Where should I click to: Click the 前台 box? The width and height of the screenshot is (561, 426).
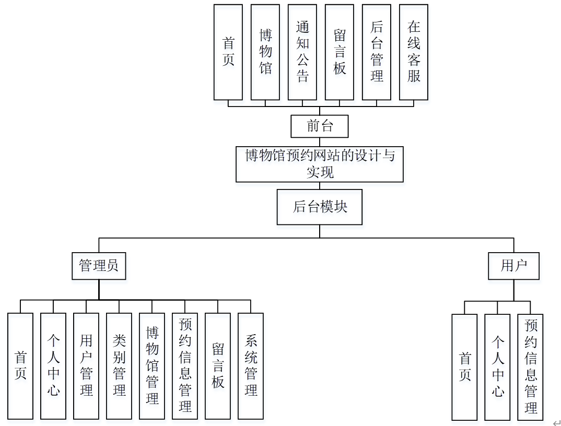pos(319,126)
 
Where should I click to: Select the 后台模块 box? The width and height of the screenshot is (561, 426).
pos(319,207)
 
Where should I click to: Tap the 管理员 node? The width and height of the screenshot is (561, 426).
pos(99,265)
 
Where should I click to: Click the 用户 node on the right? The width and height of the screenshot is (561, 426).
pos(513,265)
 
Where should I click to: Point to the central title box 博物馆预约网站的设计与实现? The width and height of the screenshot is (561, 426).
pos(319,164)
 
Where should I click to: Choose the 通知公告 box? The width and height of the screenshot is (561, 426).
pos(302,52)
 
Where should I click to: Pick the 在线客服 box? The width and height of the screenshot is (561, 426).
pos(414,52)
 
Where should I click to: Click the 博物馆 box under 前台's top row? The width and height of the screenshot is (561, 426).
pos(265,52)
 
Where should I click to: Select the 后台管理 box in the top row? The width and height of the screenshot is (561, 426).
pos(377,52)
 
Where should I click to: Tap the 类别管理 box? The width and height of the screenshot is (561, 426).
pos(119,366)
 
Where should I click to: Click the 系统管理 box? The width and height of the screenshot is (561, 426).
pos(251,366)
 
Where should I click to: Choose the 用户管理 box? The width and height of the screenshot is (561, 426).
pos(86,366)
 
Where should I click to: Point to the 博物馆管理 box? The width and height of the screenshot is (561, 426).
pos(152,366)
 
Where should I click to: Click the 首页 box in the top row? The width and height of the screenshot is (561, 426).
pos(228,52)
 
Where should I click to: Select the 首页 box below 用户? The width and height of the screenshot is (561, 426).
pos(464,367)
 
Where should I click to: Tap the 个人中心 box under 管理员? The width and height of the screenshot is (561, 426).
pos(53,366)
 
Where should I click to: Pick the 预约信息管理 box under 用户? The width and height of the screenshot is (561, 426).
pos(530,367)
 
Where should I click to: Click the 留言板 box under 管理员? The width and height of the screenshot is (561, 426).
pos(218,366)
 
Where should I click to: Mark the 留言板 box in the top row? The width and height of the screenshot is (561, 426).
pos(340,52)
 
